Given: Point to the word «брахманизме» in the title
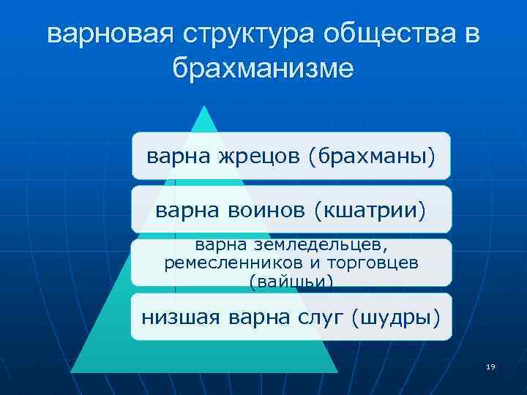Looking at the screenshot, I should [x=263, y=68].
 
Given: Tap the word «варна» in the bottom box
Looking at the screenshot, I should [x=255, y=317].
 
